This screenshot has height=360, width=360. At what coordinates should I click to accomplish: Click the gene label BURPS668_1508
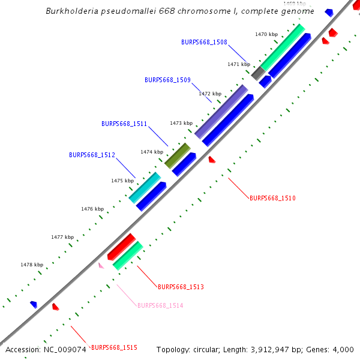coord(204,42)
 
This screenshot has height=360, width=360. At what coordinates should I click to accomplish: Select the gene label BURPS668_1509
coord(167,80)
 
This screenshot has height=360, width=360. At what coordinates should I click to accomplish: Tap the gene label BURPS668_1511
coord(124,124)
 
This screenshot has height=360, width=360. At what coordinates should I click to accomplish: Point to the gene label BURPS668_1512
coord(92,155)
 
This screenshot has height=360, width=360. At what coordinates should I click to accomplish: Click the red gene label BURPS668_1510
coord(272,198)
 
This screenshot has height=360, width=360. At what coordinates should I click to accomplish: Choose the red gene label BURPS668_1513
coord(181,287)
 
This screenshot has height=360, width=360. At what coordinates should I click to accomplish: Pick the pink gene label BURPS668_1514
coord(160,305)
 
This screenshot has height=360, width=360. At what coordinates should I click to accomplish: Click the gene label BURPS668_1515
coord(114,347)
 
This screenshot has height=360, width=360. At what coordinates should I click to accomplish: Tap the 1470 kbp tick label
coord(266,35)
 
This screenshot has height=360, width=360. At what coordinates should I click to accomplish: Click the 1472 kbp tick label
coord(210,94)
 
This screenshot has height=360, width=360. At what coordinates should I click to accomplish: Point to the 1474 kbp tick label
coord(152,152)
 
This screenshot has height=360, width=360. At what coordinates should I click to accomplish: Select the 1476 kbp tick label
coord(92,209)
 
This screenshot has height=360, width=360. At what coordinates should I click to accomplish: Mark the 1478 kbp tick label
coord(32,265)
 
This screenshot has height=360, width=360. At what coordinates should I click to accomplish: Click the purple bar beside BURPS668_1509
coord(221,112)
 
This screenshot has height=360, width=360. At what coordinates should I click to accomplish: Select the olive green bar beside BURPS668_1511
coord(178,155)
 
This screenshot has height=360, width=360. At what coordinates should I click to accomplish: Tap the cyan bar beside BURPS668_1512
coord(145,187)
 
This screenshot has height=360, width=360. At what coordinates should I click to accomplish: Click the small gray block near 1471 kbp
coord(258,74)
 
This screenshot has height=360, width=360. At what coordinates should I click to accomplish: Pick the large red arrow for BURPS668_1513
coord(122,246)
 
